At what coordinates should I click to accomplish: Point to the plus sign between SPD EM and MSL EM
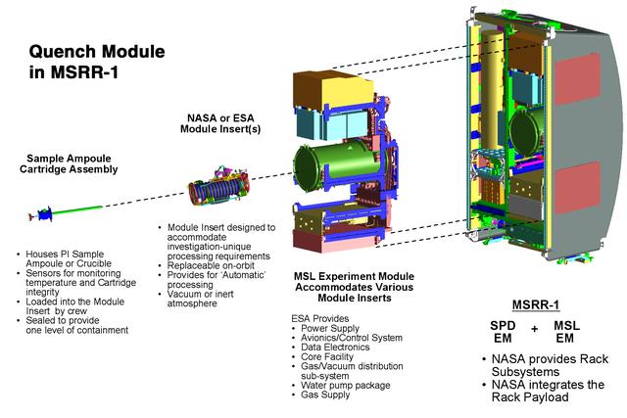pos(535,330)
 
